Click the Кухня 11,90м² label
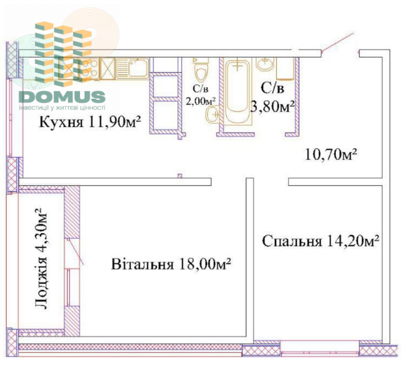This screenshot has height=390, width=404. click(90, 122)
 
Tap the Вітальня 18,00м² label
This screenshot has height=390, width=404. click(171, 264)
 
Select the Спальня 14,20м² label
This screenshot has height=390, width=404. click(320, 241)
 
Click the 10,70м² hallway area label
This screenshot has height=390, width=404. click(331, 154)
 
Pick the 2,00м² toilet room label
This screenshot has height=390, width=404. click(201, 101)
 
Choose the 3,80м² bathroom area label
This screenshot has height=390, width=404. click(273, 106)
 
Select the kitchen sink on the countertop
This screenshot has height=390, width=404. click(132, 69)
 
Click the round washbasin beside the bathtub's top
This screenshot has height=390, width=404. click(265, 63)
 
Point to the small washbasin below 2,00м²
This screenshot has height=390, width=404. click(212, 113)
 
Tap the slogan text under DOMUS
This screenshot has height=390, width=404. click(62, 107)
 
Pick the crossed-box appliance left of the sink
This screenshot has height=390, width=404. click(107, 68)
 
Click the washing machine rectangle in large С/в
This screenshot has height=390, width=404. click(285, 69)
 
